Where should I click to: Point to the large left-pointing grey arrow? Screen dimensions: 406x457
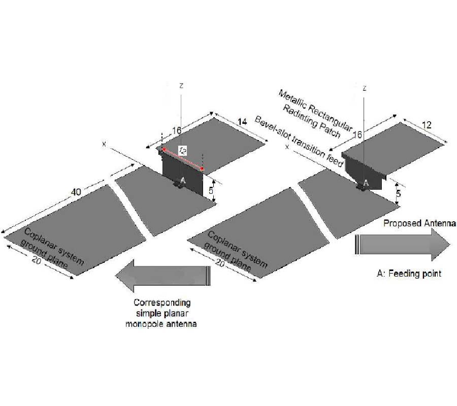[x=162, y=275]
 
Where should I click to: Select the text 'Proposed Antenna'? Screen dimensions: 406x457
[x=419, y=223]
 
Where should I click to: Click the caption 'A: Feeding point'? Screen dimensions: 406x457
[x=409, y=274]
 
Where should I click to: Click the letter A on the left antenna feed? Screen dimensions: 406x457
[x=183, y=180]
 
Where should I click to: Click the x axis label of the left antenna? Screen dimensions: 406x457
[x=104, y=144]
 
